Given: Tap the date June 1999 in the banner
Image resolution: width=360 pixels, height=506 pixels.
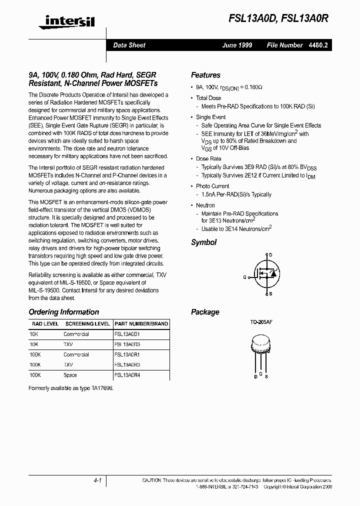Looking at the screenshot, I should [237, 45].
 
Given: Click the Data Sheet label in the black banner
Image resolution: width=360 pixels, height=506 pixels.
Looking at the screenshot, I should [129, 45].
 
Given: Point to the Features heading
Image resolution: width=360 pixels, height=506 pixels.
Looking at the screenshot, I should [205, 75].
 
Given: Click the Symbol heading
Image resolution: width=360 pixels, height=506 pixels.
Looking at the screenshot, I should [203, 242].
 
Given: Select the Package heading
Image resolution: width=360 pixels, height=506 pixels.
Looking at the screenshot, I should [205, 312].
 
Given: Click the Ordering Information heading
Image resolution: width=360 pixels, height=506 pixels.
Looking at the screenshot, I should [64, 312].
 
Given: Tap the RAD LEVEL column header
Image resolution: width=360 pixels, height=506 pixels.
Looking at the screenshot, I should [44, 324].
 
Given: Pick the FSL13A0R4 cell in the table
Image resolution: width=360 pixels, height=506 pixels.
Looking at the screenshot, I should [127, 375].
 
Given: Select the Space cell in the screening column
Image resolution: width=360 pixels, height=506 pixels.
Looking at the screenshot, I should [70, 375].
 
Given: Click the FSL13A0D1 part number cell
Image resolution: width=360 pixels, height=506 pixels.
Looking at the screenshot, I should [127, 334].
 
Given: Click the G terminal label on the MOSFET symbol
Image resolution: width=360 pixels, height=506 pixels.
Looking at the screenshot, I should [245, 276].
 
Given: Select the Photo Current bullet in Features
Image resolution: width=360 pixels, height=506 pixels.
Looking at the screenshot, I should [212, 186].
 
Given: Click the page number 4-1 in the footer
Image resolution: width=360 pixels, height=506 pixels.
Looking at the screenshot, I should [97, 480].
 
